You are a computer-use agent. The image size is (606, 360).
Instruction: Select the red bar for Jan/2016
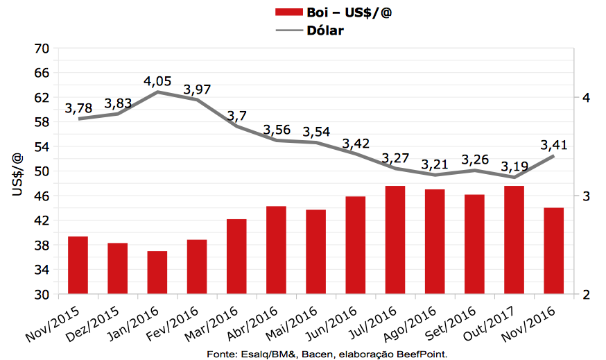pos(157,273)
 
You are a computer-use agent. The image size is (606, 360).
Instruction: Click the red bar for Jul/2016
pos(395,240)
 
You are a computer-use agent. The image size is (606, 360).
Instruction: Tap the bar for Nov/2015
pos(78,265)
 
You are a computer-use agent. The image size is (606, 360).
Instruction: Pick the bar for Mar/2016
pos(236,257)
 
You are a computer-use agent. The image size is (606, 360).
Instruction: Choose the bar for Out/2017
pos(514,240)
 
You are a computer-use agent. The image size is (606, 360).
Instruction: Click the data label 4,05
pos(157,81)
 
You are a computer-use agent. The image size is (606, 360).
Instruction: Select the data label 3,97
pos(197,89)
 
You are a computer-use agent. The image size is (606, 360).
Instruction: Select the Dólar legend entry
pos(325,31)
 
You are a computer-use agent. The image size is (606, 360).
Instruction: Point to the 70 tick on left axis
pos(41,49)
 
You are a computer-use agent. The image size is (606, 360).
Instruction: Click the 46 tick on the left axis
pos(41,196)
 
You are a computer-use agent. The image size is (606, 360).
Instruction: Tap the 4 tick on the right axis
pos(586,98)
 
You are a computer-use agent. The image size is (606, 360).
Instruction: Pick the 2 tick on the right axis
pos(586,295)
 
